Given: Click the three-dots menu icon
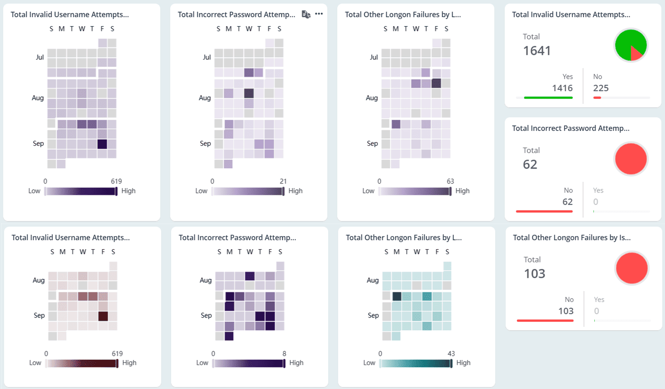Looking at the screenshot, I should tap(319, 14).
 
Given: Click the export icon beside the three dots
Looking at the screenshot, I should tap(306, 14).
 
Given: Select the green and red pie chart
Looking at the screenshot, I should tap(631, 45).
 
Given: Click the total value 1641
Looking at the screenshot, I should tap(537, 51).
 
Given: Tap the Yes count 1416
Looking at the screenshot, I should tap(562, 88).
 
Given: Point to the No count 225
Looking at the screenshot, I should tap(601, 88).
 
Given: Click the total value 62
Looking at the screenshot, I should tap(530, 165).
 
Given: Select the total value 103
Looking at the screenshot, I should tap(534, 274).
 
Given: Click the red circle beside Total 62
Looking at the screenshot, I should tap(631, 159).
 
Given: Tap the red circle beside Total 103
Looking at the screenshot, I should tap(632, 268).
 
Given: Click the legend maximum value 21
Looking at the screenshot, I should tap(283, 181).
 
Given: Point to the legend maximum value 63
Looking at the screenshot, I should tap(450, 181).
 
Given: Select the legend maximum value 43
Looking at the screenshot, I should tap(451, 353).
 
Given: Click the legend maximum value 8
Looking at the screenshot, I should tap(284, 353).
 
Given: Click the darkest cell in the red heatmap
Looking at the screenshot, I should tap(103, 316).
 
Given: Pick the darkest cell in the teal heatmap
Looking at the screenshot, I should tap(397, 296).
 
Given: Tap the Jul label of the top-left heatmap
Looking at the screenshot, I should tap(40, 57).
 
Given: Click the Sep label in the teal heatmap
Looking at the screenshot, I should tap(373, 315).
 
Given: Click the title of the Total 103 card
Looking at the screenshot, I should tap(571, 237).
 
